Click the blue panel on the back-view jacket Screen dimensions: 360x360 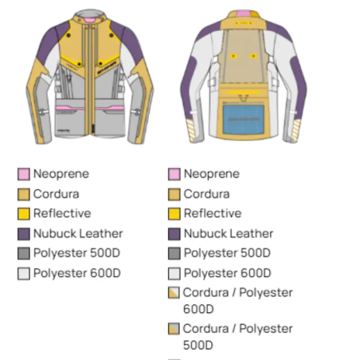coord(244,119)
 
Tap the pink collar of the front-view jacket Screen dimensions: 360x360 coord(90,21)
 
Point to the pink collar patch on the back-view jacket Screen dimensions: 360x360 coord(243,14)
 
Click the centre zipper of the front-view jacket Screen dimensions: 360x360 coord(90,80)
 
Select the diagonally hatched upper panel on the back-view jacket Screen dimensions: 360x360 coord(243,56)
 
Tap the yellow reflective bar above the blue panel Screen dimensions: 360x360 coord(244,92)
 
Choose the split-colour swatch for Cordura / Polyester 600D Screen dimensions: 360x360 coord(174,292)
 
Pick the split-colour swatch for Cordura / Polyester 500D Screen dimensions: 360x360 coord(174,329)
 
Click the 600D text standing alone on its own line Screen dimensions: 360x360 coord(198,309)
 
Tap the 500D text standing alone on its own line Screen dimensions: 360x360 coord(198,346)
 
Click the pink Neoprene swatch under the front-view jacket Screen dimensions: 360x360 coord(24,174)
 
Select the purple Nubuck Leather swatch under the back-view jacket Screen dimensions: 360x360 coord(174,234)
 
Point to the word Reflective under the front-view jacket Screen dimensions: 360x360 coord(62,213)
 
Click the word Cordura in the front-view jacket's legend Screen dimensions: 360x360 coord(57,194)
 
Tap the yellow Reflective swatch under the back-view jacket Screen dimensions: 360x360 coord(174,214)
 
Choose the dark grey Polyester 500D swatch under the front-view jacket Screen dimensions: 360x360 coord(24,253)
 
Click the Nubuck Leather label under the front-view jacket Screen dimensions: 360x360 coord(78,233)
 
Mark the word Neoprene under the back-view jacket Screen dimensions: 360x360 coord(212,174)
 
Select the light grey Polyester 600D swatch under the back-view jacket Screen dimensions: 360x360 coord(174,273)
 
